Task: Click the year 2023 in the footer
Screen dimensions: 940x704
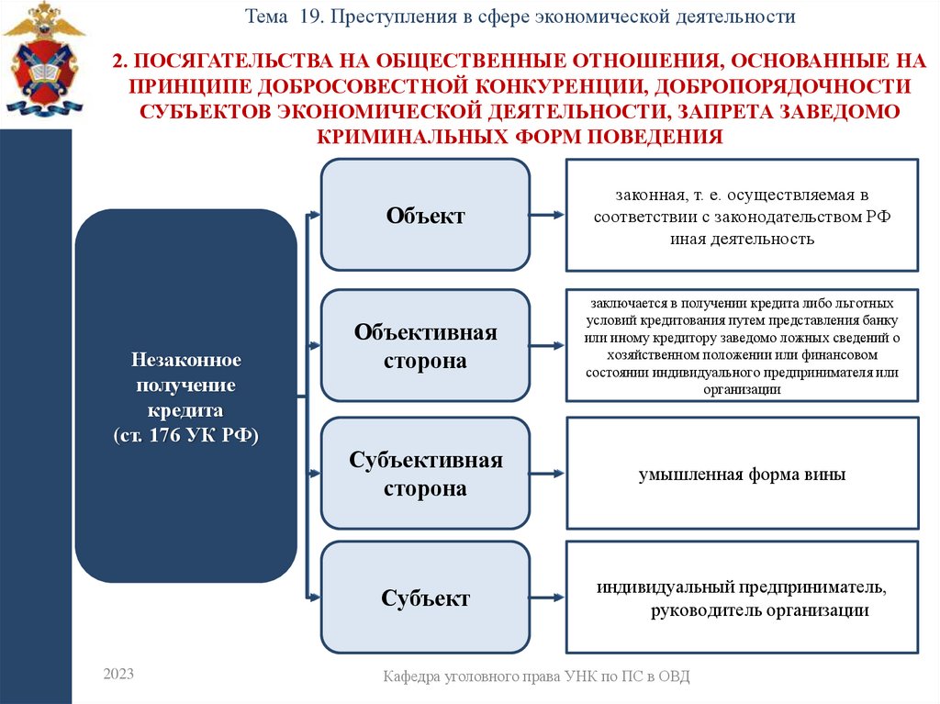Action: pos(118,675)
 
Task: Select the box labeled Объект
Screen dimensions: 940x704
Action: pos(425,216)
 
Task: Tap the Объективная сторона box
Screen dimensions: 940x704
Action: pos(425,346)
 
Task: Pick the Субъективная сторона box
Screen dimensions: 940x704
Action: pos(425,474)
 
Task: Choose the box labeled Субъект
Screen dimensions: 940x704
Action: pos(425,598)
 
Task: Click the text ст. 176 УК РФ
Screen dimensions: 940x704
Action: pos(185,434)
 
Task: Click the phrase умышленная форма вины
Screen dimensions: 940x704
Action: pos(742,475)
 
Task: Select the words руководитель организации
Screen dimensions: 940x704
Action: pos(758,609)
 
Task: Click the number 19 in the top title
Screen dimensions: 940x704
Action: pos(308,17)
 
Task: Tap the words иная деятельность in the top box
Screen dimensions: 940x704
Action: pos(742,239)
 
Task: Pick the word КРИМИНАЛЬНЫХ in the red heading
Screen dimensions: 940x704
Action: pos(401,136)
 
